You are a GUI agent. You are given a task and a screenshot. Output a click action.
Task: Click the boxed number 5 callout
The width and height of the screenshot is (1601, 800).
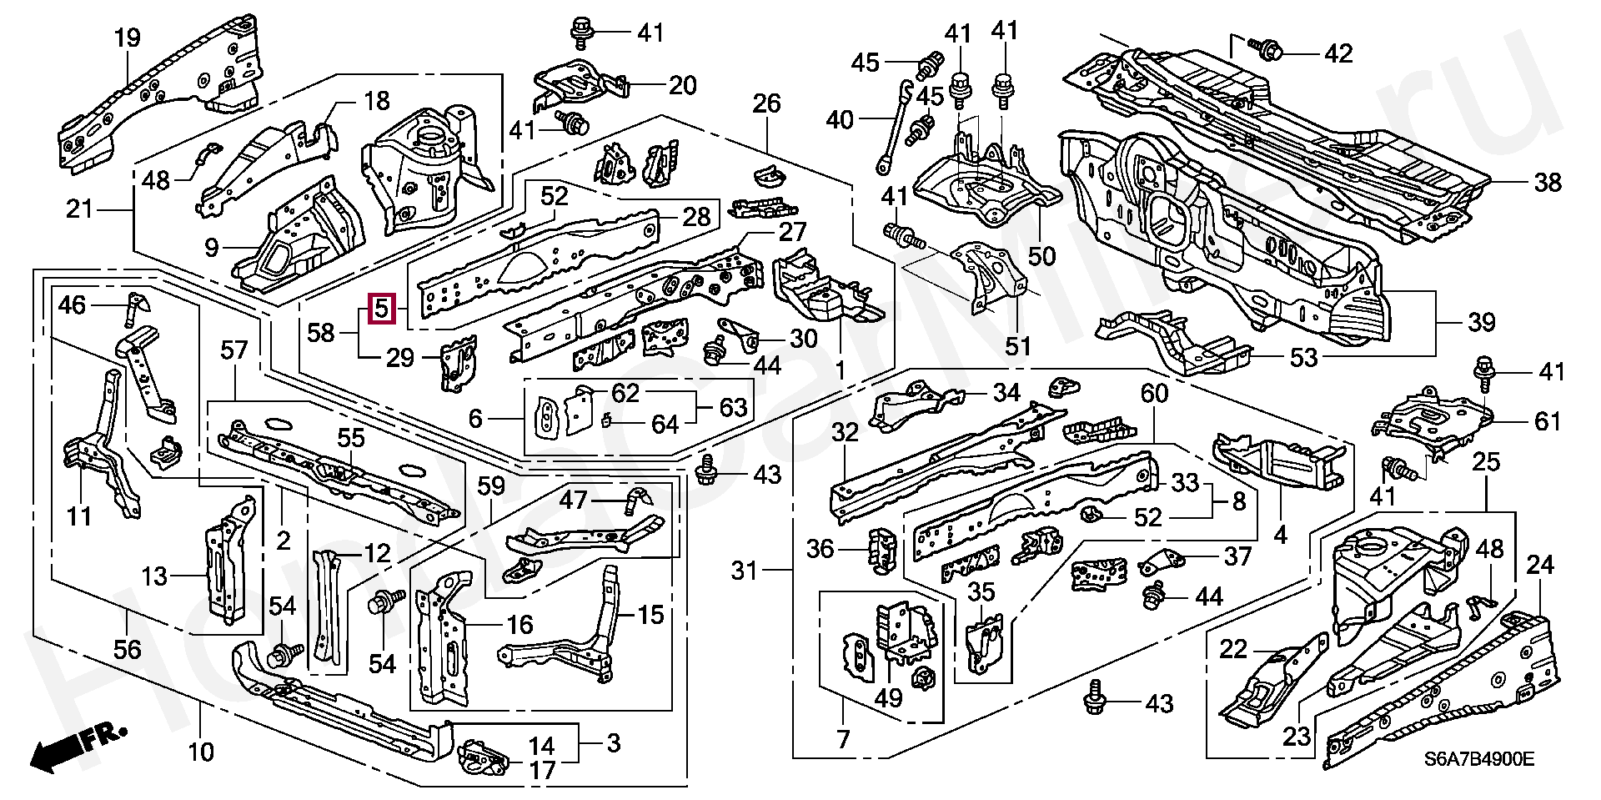[380, 309]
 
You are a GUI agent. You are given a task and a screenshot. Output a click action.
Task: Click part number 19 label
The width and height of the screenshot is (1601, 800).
[127, 38]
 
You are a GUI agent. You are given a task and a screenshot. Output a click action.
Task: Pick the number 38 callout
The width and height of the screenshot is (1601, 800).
[1547, 182]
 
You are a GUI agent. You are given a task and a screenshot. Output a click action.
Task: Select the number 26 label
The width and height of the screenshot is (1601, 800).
[766, 103]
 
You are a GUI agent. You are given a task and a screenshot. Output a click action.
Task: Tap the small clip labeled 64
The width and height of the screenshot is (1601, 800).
[608, 419]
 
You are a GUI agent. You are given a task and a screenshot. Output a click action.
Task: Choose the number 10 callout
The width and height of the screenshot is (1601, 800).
[201, 752]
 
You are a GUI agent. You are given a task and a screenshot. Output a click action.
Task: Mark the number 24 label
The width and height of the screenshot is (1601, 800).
[1539, 566]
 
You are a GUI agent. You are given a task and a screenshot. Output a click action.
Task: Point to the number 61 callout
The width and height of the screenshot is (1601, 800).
[1547, 421]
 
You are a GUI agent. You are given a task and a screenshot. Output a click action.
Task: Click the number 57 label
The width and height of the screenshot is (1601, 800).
[234, 350]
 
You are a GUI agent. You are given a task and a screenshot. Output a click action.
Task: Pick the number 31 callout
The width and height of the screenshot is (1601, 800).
[744, 571]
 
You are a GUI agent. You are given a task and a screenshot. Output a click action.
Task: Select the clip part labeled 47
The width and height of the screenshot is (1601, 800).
[638, 500]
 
